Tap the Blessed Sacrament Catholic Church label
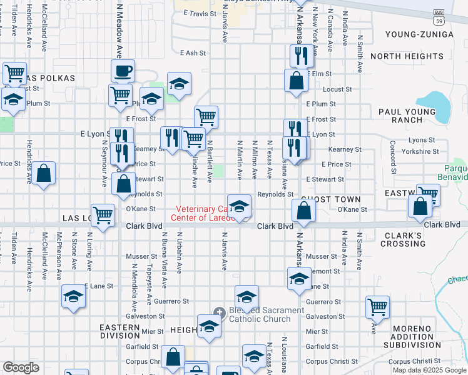click(x=258, y=314)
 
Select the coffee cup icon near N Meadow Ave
click(x=123, y=71)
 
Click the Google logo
click(x=21, y=367)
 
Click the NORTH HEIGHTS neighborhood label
click(x=407, y=56)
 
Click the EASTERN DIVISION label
click(x=120, y=331)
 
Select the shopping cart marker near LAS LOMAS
click(x=103, y=214)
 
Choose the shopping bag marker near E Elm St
click(x=296, y=81)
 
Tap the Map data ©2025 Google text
click(x=429, y=370)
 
